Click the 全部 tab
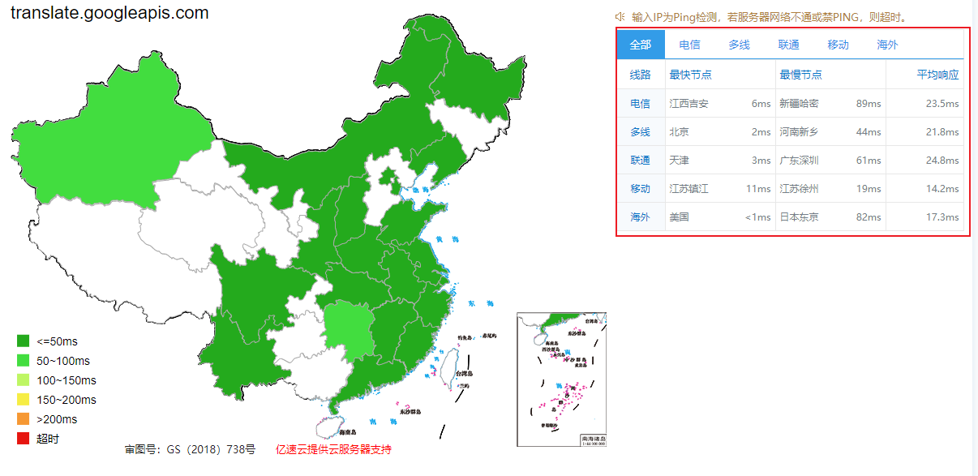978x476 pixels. pos(641,45)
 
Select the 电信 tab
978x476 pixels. pos(689,45)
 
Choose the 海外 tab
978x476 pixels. pos(887,45)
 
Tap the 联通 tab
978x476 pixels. pos(788,45)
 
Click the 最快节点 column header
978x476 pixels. pos(690,75)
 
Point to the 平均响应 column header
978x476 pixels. pos(937,75)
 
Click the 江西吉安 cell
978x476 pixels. pos(688,104)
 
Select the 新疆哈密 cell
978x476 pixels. pos(799,104)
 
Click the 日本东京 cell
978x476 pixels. pos(799,217)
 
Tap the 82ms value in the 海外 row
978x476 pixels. pos(868,217)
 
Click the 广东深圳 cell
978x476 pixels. pos(799,161)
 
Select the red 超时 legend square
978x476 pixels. pos(23,439)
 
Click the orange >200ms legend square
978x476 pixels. pos(23,419)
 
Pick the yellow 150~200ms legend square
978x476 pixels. pos(23,400)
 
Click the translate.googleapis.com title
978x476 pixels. pos(109,13)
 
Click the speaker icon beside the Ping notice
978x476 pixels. pos(620,16)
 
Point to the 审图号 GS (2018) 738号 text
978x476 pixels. pos(190,449)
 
